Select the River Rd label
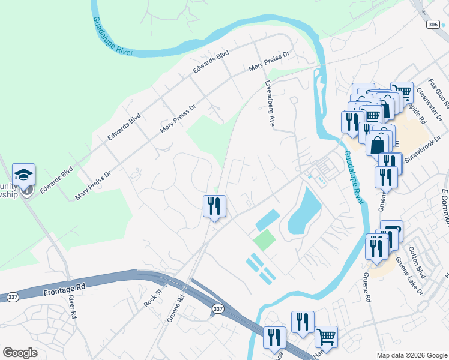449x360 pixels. (x=73, y=306)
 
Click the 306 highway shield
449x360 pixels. (x=433, y=24)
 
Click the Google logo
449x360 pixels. (x=20, y=353)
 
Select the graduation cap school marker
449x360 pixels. (x=23, y=175)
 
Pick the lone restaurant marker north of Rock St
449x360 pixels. (x=214, y=206)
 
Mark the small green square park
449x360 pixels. (x=264, y=241)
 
